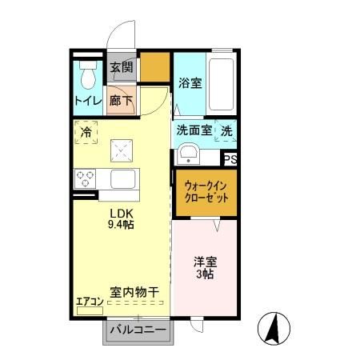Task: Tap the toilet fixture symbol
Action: [88, 74]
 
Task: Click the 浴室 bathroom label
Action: [190, 82]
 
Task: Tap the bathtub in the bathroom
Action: [221, 84]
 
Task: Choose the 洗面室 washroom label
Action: [194, 131]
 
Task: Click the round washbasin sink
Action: [189, 153]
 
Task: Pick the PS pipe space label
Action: [230, 160]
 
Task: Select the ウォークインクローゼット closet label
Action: [206, 190]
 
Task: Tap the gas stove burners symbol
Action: [85, 178]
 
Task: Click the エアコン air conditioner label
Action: [89, 302]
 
